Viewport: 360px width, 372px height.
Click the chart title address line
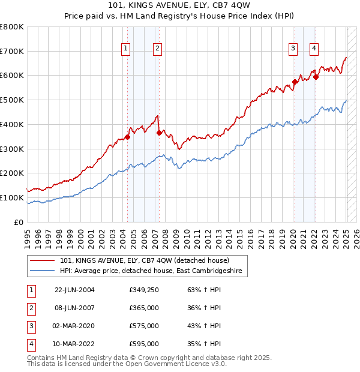pyautogui.click(x=180, y=5)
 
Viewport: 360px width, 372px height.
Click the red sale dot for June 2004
pyautogui.click(x=127, y=137)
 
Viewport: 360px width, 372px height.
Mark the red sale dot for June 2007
pyautogui.click(x=159, y=133)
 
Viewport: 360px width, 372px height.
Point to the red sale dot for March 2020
pyautogui.click(x=295, y=82)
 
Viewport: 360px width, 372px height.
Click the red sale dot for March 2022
pyautogui.click(x=316, y=77)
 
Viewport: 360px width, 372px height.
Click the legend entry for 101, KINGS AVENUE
pyautogui.click(x=144, y=260)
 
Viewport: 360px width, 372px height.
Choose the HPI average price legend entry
pyautogui.click(x=150, y=271)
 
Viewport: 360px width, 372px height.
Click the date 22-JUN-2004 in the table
pyautogui.click(x=74, y=290)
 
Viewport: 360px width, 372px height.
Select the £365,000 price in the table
pyautogui.click(x=144, y=308)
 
